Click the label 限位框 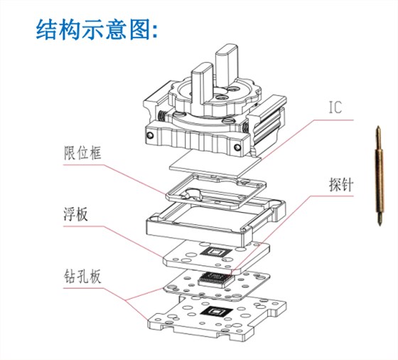tap(78, 152)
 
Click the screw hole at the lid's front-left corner tap(151, 132)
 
